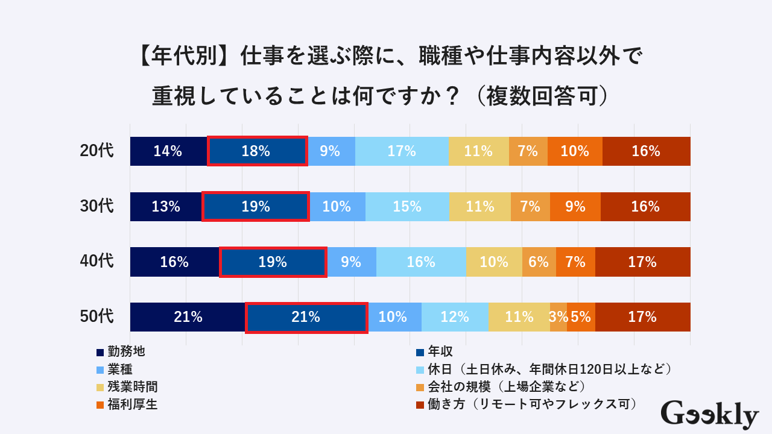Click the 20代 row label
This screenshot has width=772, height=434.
click(x=96, y=151)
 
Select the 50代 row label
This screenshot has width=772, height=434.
click(x=96, y=316)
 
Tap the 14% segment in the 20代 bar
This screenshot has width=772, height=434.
click(x=168, y=151)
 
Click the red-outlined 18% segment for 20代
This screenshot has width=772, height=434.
click(x=257, y=151)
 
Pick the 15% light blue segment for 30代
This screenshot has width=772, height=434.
click(x=407, y=206)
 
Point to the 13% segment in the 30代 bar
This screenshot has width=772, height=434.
click(x=166, y=206)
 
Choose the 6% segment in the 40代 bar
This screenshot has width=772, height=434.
click(x=539, y=262)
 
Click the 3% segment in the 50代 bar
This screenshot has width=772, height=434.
click(x=558, y=316)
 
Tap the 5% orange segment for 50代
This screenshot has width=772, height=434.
click(x=581, y=316)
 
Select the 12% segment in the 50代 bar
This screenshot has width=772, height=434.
click(x=455, y=316)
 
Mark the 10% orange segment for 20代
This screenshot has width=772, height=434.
click(x=575, y=151)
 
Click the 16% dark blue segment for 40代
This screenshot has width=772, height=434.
click(x=174, y=262)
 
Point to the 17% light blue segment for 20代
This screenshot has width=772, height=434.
click(x=402, y=151)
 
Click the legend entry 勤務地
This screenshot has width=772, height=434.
click(x=126, y=351)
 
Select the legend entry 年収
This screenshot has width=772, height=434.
click(x=440, y=351)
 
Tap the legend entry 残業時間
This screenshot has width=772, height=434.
click(x=132, y=386)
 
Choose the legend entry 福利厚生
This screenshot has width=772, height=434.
click(x=132, y=404)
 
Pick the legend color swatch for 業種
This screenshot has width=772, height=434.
click(x=100, y=370)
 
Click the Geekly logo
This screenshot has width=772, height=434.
click(x=709, y=415)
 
